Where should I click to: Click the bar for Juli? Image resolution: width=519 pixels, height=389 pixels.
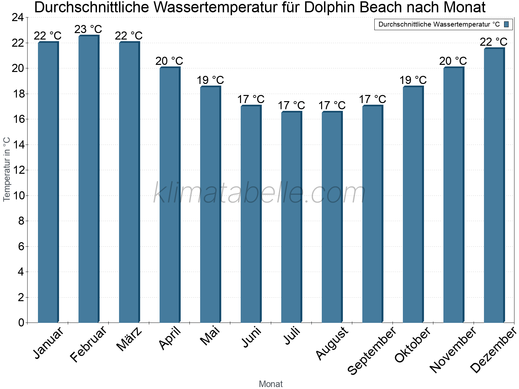click(x=291, y=217)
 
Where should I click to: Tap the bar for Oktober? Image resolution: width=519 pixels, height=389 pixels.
click(x=413, y=204)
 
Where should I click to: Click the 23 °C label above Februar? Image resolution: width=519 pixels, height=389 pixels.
click(x=88, y=29)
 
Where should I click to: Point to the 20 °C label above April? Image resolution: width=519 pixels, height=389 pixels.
click(x=169, y=61)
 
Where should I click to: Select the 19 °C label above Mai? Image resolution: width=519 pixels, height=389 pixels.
click(x=210, y=80)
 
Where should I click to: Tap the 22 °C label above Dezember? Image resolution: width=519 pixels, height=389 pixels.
click(x=494, y=42)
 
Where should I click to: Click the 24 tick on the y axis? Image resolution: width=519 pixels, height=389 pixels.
click(x=18, y=18)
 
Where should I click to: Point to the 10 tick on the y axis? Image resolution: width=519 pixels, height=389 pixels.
click(x=18, y=195)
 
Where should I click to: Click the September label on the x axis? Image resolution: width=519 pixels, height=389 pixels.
click(x=372, y=350)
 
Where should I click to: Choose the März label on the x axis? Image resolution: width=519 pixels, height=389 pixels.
click(x=129, y=339)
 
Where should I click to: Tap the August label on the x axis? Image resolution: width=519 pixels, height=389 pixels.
click(x=332, y=343)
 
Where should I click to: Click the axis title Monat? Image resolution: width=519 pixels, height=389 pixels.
click(x=271, y=384)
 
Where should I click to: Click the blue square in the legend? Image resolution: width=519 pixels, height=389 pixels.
click(x=506, y=24)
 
